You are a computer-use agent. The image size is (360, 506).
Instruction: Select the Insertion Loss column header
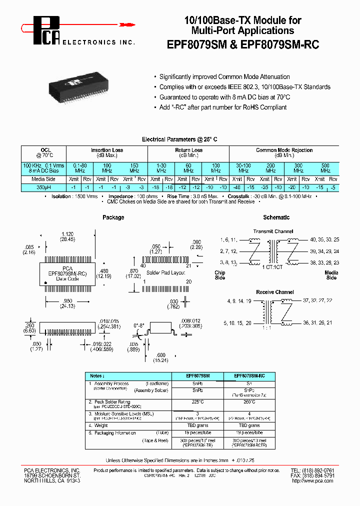(x=107, y=150)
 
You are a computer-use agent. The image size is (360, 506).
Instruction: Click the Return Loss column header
(x=188, y=150)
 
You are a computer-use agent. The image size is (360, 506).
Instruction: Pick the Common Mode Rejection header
(x=284, y=150)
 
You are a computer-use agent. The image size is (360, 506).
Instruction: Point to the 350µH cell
(x=43, y=187)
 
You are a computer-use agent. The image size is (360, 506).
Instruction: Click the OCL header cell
(x=43, y=150)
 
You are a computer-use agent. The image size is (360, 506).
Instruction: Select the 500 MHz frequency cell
(x=325, y=167)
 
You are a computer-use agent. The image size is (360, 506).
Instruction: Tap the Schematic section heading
(x=276, y=217)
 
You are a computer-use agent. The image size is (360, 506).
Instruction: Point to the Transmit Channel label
(x=273, y=231)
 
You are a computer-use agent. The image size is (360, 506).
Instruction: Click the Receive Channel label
(x=275, y=292)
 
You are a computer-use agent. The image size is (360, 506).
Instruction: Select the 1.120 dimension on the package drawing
(x=68, y=233)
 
